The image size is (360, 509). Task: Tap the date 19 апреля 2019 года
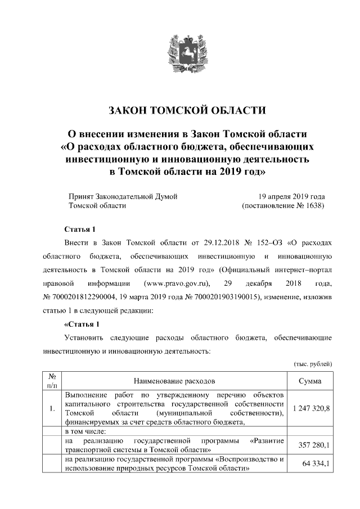[291, 196]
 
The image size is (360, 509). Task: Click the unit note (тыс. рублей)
[313, 364]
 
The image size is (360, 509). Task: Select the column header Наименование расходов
[174, 381]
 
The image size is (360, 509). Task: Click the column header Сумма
[310, 381]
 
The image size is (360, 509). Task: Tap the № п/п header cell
[52, 381]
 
